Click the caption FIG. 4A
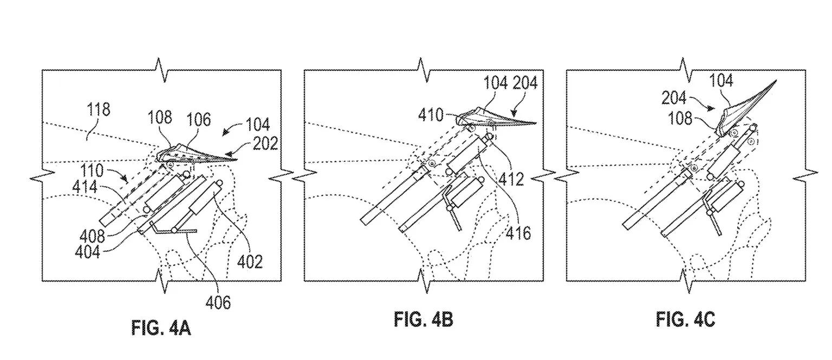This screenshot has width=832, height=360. [x=161, y=328]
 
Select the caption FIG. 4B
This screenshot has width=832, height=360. [x=424, y=319]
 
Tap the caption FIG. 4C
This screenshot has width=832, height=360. [x=686, y=319]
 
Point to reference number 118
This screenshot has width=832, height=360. [x=99, y=109]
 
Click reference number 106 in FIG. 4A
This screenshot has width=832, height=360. [x=199, y=120]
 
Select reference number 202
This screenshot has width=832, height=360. [x=265, y=143]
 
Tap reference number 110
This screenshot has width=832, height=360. [x=92, y=171]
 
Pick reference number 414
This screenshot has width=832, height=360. [x=85, y=186]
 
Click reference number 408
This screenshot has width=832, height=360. [x=92, y=235]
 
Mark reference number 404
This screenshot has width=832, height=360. [x=88, y=252]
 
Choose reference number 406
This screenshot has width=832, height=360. [x=218, y=303]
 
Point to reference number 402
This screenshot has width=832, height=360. [x=250, y=261]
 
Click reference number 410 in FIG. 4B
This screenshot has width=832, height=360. [x=431, y=115]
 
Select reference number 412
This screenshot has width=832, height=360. [x=511, y=179]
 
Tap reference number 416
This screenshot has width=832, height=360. [x=518, y=233]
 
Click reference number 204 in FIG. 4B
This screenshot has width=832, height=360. [x=525, y=82]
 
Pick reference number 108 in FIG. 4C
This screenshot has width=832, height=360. [x=680, y=119]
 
